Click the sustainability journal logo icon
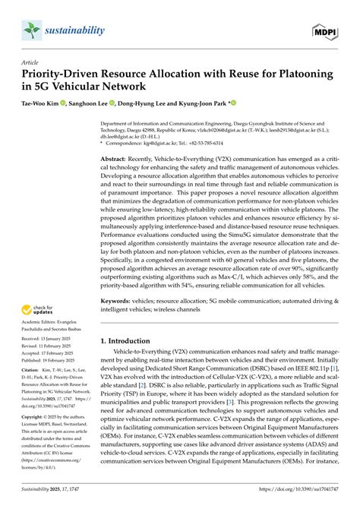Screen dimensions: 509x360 point(32,30)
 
